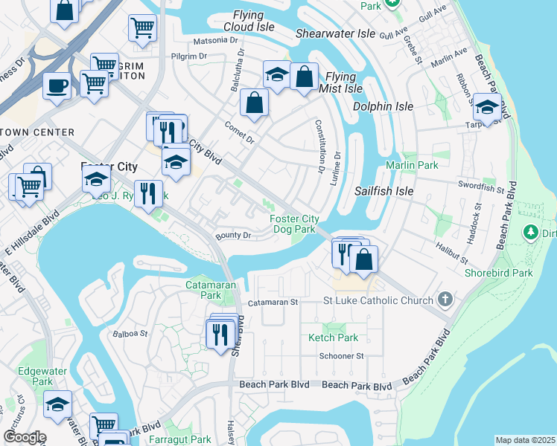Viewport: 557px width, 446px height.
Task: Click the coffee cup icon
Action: point(57,85)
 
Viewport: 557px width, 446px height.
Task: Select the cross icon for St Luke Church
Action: point(445,300)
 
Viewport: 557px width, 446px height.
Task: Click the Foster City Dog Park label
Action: point(292,224)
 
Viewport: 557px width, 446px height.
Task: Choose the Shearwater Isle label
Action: point(335,33)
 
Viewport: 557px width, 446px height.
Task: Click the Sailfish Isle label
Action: point(383,191)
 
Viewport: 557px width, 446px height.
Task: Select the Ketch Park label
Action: point(334,337)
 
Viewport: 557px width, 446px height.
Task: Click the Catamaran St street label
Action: point(273,303)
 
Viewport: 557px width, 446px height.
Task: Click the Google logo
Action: point(25,437)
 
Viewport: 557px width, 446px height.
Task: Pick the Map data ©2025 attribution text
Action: point(525,440)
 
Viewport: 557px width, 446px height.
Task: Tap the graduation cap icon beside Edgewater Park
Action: point(57,404)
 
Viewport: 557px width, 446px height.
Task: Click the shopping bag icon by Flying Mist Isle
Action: point(304,76)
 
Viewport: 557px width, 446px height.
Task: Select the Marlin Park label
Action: point(412,165)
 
